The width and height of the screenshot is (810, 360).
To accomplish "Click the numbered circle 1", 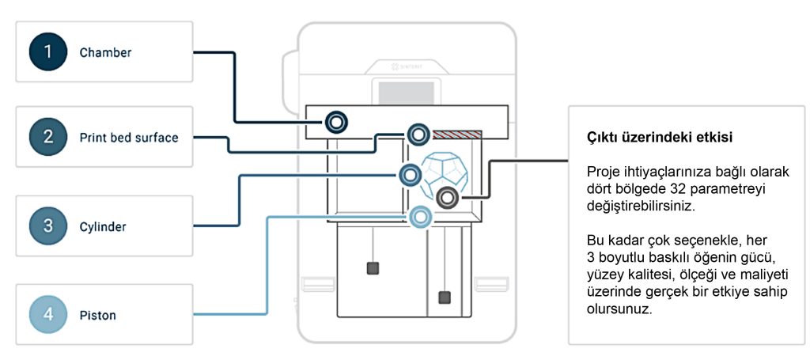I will coord(48,53).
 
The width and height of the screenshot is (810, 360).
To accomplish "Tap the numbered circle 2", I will coord(48,137).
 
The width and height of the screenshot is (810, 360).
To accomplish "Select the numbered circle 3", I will coord(48,225).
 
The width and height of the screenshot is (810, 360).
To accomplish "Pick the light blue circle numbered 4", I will coord(48,315).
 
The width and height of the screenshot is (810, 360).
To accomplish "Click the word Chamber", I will coord(105,53).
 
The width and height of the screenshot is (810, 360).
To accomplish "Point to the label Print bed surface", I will coord(128,137).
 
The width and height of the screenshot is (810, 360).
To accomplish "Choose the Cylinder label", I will coord(102,226).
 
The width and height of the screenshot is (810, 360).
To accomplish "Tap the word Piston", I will coord(97,315).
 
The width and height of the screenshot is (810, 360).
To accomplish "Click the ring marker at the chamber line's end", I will coord(336,122).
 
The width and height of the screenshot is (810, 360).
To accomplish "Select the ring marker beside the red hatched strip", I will coord(417,133).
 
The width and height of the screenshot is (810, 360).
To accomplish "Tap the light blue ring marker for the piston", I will coord(422,215).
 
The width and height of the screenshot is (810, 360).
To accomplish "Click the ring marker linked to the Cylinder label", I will coord(410,174).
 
